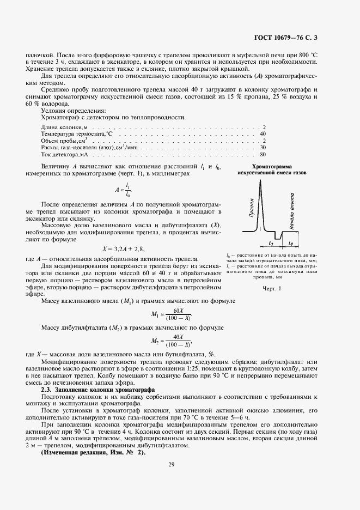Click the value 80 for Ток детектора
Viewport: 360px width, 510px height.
[x=263, y=154]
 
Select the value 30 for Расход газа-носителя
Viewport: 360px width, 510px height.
[x=263, y=147]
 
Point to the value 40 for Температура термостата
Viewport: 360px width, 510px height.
[x=263, y=133]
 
